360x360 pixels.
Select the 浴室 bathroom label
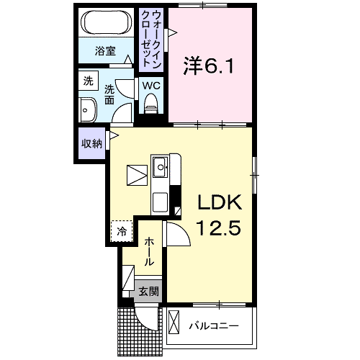point(105,51)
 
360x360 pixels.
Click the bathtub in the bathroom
point(105,24)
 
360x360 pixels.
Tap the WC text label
point(150,84)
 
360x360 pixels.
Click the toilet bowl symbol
point(150,107)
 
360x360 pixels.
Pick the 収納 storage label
point(91,143)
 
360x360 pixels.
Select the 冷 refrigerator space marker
point(122,231)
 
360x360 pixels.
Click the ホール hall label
point(148,251)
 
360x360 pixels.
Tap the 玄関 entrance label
point(149,292)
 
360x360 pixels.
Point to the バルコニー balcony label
point(214,326)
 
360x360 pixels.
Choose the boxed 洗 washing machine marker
point(88,81)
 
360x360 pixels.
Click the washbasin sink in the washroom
point(89,112)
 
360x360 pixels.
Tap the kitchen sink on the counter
point(160,170)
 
